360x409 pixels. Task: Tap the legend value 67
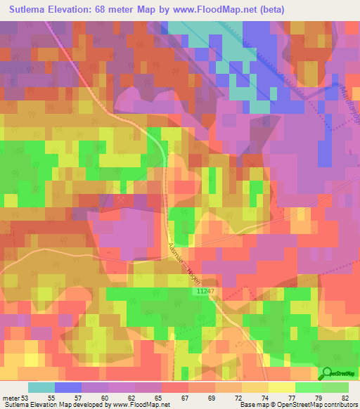coord(182,398)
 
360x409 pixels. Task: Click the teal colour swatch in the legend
coord(41,387)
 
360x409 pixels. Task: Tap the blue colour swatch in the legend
coord(68,387)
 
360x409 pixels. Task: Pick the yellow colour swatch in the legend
coord(282,387)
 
